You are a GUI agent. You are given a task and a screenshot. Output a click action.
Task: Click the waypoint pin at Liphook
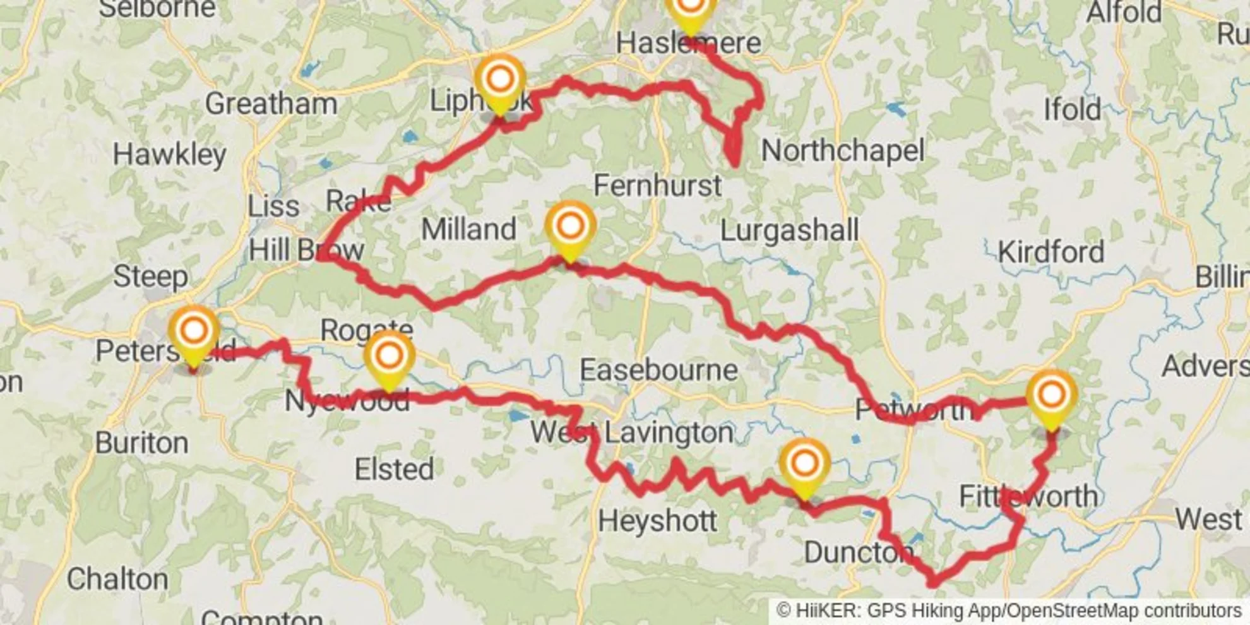[499, 82]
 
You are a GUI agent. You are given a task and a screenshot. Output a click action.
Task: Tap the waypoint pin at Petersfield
[194, 333]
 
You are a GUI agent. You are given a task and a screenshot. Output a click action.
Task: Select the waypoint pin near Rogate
[389, 357]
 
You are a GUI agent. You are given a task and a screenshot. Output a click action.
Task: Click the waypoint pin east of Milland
[570, 228]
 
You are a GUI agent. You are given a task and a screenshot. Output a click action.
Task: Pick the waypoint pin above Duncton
[804, 466]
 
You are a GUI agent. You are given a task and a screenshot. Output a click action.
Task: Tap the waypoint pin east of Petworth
[1051, 397]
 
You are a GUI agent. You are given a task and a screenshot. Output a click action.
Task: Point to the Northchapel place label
[842, 151]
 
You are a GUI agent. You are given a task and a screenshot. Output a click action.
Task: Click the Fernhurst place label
[657, 186]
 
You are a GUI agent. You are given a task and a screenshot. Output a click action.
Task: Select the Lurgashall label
[789, 230]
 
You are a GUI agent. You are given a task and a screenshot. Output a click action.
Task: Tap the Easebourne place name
[658, 370]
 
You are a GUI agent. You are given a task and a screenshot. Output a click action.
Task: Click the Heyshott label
[657, 521]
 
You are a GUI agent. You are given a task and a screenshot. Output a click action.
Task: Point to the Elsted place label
[394, 469]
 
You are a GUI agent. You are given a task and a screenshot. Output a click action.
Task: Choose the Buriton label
[141, 443]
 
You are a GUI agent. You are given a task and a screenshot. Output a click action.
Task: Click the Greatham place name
[271, 104]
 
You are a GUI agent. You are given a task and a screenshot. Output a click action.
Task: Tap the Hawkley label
[169, 155]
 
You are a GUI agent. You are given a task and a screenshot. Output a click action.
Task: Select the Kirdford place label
[1051, 253]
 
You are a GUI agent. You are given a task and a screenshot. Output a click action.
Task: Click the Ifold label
[1072, 110]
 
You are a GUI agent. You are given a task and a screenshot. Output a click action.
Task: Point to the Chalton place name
[117, 580]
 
